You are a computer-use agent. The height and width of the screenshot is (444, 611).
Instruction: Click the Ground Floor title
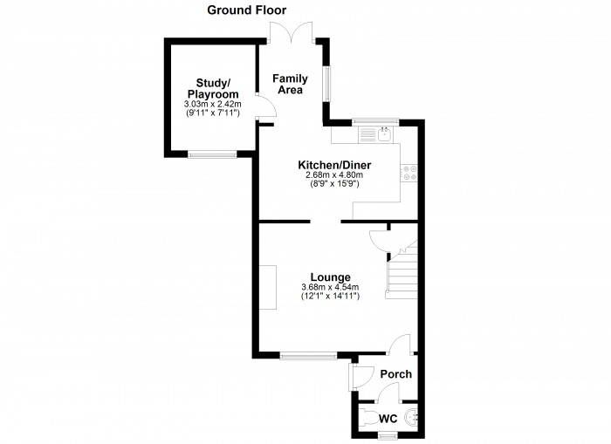[x=247, y=10]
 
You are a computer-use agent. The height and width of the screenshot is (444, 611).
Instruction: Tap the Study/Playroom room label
[x=213, y=88]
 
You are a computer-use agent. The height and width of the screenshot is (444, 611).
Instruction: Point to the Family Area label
[x=290, y=84]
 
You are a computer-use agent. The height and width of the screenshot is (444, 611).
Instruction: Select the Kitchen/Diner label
[x=334, y=165]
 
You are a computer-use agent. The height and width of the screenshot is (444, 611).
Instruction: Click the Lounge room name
[x=331, y=277]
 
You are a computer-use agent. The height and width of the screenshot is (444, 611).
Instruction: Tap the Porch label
[x=396, y=374]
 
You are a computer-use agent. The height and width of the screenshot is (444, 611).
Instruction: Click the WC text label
[x=388, y=419]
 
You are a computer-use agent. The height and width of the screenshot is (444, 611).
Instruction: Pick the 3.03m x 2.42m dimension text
[x=213, y=105]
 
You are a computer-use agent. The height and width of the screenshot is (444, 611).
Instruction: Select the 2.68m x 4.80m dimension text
[x=334, y=174]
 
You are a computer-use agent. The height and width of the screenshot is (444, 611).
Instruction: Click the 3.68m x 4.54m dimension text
[x=331, y=288]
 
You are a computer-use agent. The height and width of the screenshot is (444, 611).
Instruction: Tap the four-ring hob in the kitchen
[x=409, y=173]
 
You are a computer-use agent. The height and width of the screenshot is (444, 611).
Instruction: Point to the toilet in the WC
[x=367, y=417]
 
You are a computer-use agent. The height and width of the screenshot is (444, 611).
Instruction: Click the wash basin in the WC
[x=411, y=418]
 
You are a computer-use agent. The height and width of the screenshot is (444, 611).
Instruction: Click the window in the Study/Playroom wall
[x=212, y=154]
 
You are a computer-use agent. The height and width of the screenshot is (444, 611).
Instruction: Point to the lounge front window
[x=308, y=355]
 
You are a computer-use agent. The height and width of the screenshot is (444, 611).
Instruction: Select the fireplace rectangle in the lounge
[x=268, y=288]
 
